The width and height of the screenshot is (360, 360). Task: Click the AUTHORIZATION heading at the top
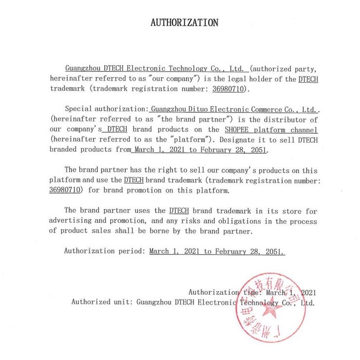pos(184,22)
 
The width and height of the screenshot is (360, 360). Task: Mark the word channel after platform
pos(304,129)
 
